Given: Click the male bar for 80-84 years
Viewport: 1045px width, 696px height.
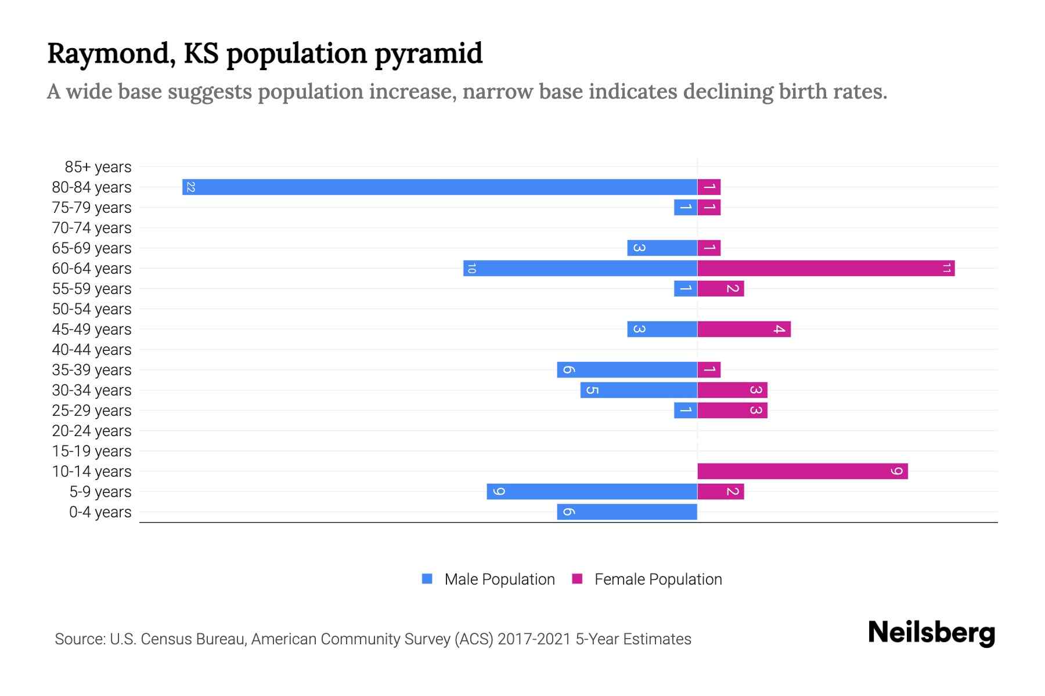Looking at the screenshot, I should pos(439,187).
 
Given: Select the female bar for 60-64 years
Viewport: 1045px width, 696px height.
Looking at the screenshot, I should pos(826,268).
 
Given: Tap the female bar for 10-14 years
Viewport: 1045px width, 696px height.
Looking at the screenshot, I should pos(802,471).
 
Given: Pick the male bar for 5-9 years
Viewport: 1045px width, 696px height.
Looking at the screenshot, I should pos(592,491).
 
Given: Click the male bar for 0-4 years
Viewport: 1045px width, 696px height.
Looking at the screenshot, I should pos(627,512).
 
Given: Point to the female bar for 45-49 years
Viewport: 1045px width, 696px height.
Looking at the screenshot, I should pos(744,329).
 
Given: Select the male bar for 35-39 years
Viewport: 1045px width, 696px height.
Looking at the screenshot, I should pos(627,369).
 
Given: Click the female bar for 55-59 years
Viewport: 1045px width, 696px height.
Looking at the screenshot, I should pos(720,288).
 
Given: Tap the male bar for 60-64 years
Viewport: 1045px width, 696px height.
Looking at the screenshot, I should pos(580,268).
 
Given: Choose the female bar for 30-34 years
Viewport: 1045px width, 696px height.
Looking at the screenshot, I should pos(732,390).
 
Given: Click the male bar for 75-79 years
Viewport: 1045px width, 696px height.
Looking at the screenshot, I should pos(686,207).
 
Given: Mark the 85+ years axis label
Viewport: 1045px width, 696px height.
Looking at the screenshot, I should pos(98,167).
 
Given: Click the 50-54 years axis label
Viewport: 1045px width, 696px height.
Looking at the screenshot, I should pos(92,309).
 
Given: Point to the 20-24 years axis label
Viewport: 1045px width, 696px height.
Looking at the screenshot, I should pos(92,431).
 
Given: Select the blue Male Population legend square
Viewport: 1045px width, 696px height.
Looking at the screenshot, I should pos(427,579).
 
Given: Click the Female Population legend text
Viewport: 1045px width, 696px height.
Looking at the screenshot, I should pos(658,579).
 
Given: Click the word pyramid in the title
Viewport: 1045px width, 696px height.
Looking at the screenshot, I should pos(428,53).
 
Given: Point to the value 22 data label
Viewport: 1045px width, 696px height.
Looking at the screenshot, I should pos(190,187).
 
